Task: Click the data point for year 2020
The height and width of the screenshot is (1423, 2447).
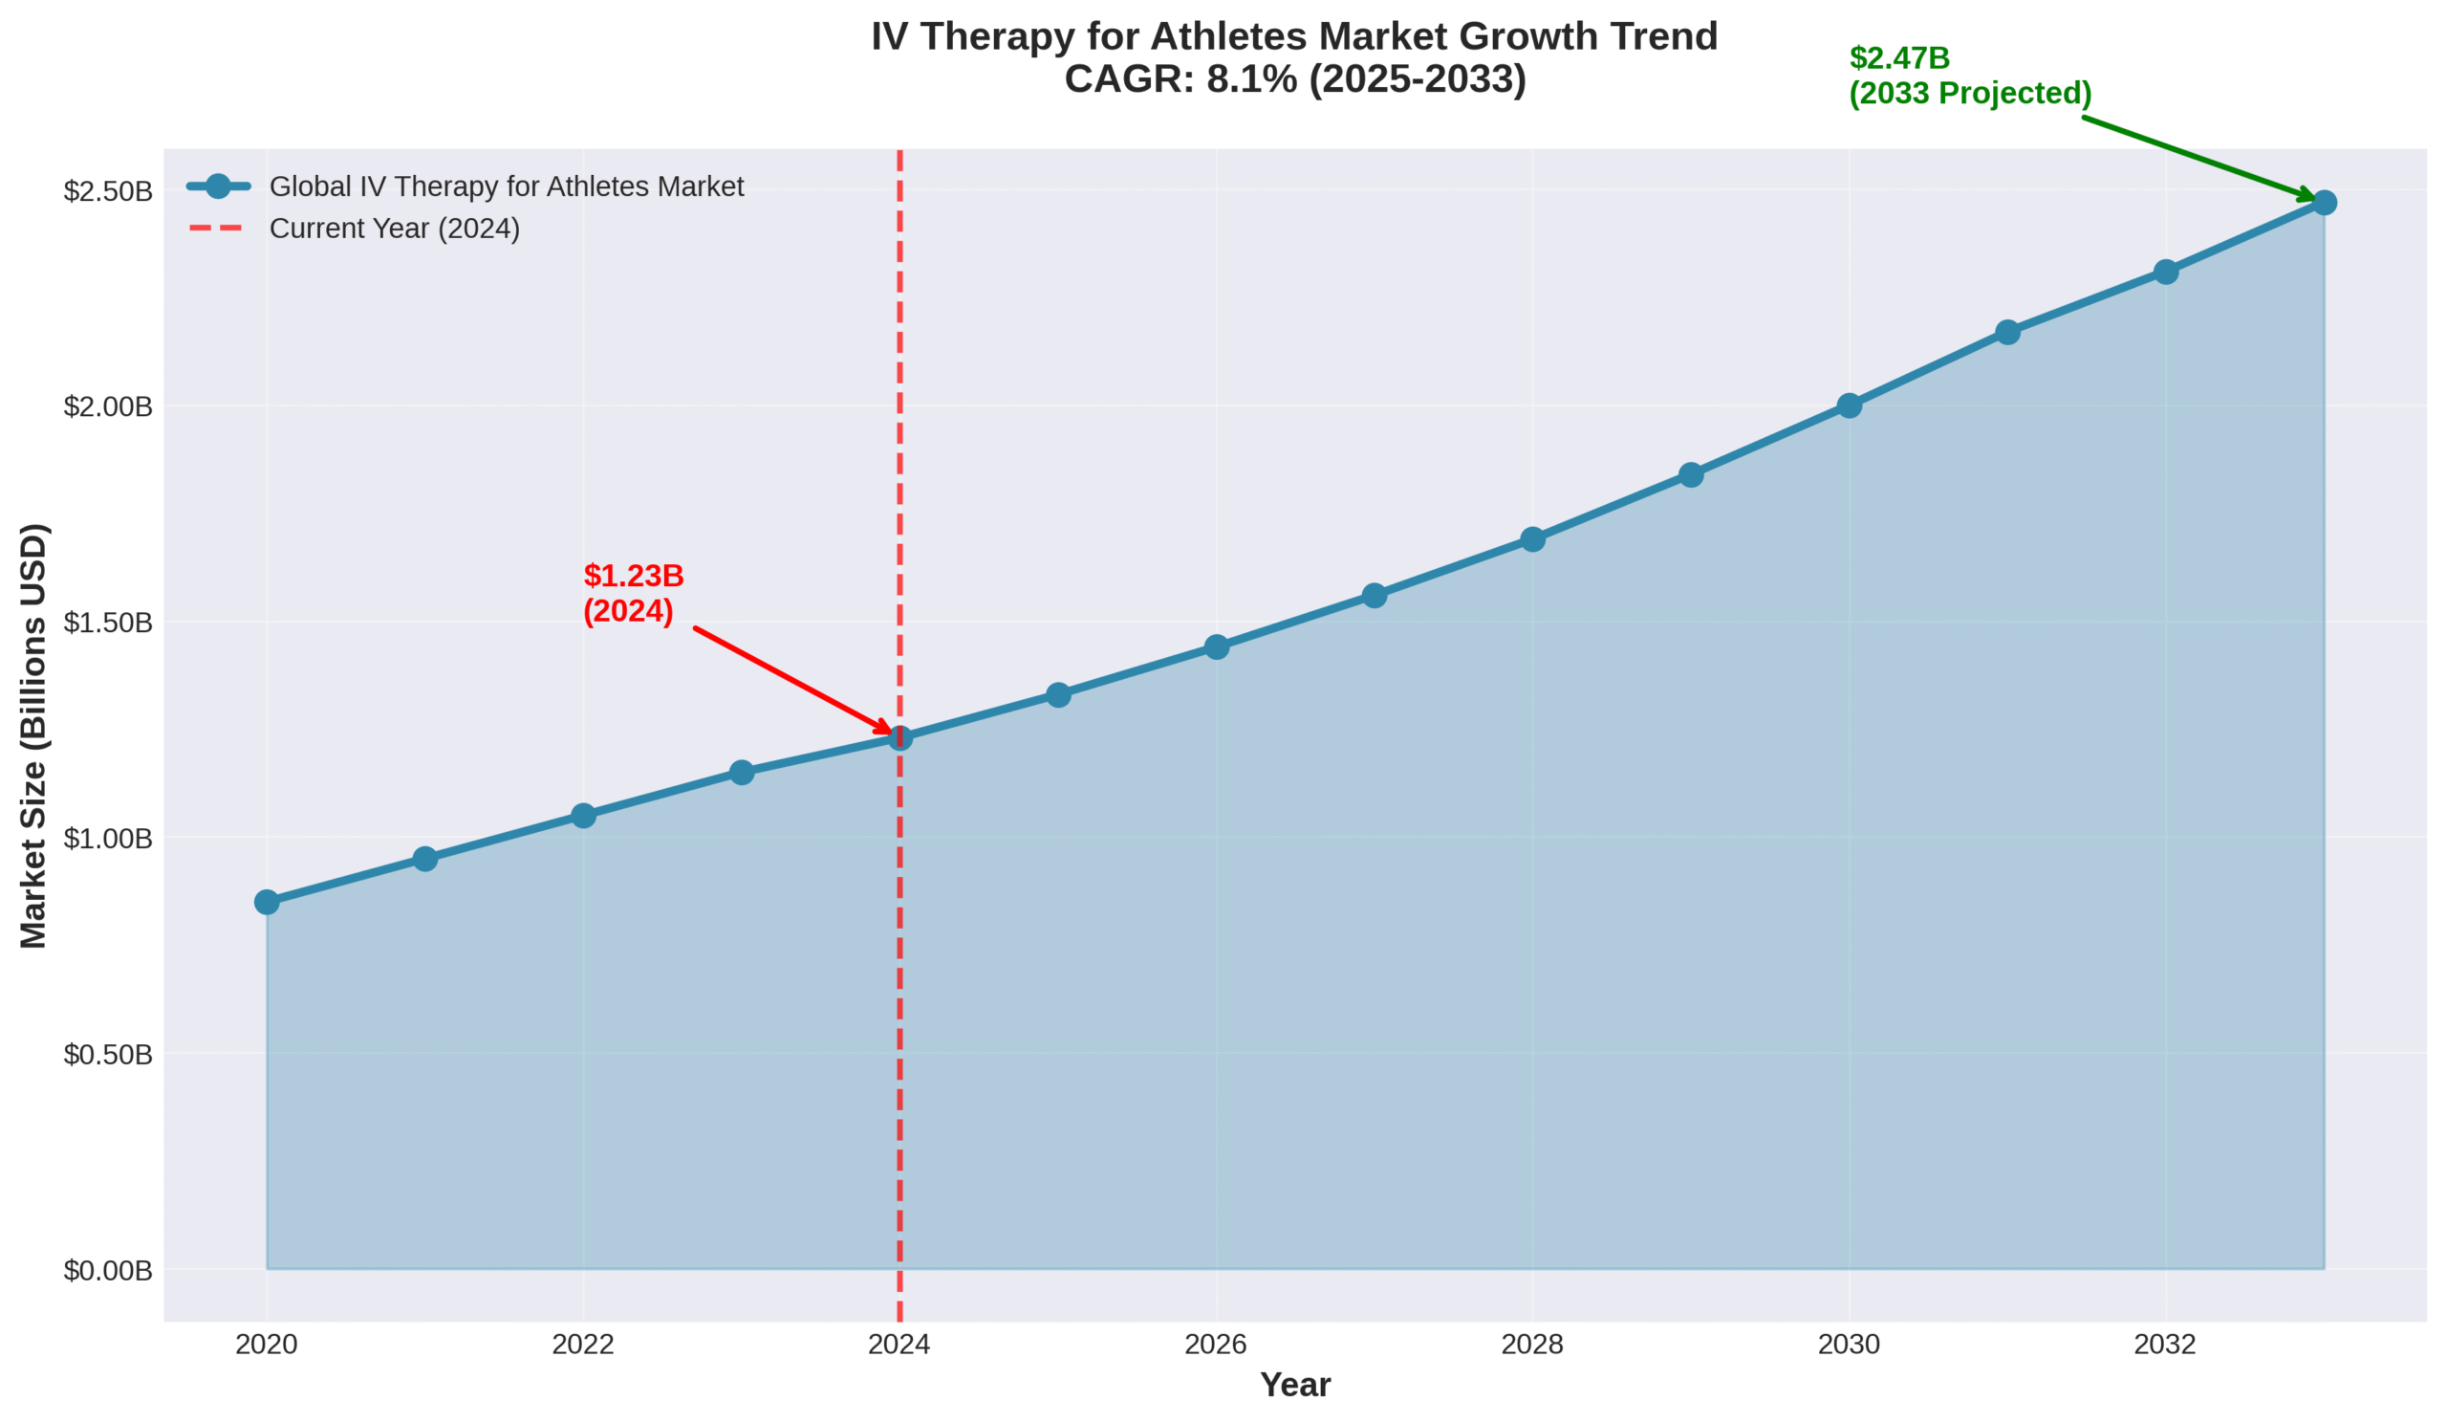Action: point(267,902)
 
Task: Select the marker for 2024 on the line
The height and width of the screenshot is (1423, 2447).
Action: point(900,738)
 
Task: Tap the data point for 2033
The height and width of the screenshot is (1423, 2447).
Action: point(2324,202)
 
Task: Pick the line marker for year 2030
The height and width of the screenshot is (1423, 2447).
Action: point(1849,405)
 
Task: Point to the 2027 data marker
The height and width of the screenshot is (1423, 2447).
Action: point(1374,596)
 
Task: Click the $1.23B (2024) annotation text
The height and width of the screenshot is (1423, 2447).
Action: point(633,594)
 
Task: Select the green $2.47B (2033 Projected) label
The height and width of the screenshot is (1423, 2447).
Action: point(1969,76)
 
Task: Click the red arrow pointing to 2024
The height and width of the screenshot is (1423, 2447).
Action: point(791,681)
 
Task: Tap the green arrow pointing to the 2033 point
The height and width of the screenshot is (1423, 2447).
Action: point(2199,159)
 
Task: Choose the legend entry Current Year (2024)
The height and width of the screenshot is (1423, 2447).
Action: point(394,229)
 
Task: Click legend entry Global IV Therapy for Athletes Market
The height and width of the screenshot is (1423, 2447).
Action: point(506,186)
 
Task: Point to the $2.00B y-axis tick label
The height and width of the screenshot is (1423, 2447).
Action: point(108,406)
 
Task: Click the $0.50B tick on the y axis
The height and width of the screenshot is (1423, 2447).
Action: point(108,1054)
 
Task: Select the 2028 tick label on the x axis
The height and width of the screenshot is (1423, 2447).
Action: point(1532,1345)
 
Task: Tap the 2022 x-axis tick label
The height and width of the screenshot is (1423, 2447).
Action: point(583,1345)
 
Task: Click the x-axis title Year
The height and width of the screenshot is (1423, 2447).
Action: point(1294,1385)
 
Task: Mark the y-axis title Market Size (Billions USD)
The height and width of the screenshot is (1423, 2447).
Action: point(33,735)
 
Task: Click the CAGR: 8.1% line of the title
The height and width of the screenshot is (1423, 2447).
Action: point(1294,79)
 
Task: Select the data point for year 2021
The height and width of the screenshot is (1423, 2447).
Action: point(425,859)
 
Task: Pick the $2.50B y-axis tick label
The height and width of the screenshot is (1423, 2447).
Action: point(108,190)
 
